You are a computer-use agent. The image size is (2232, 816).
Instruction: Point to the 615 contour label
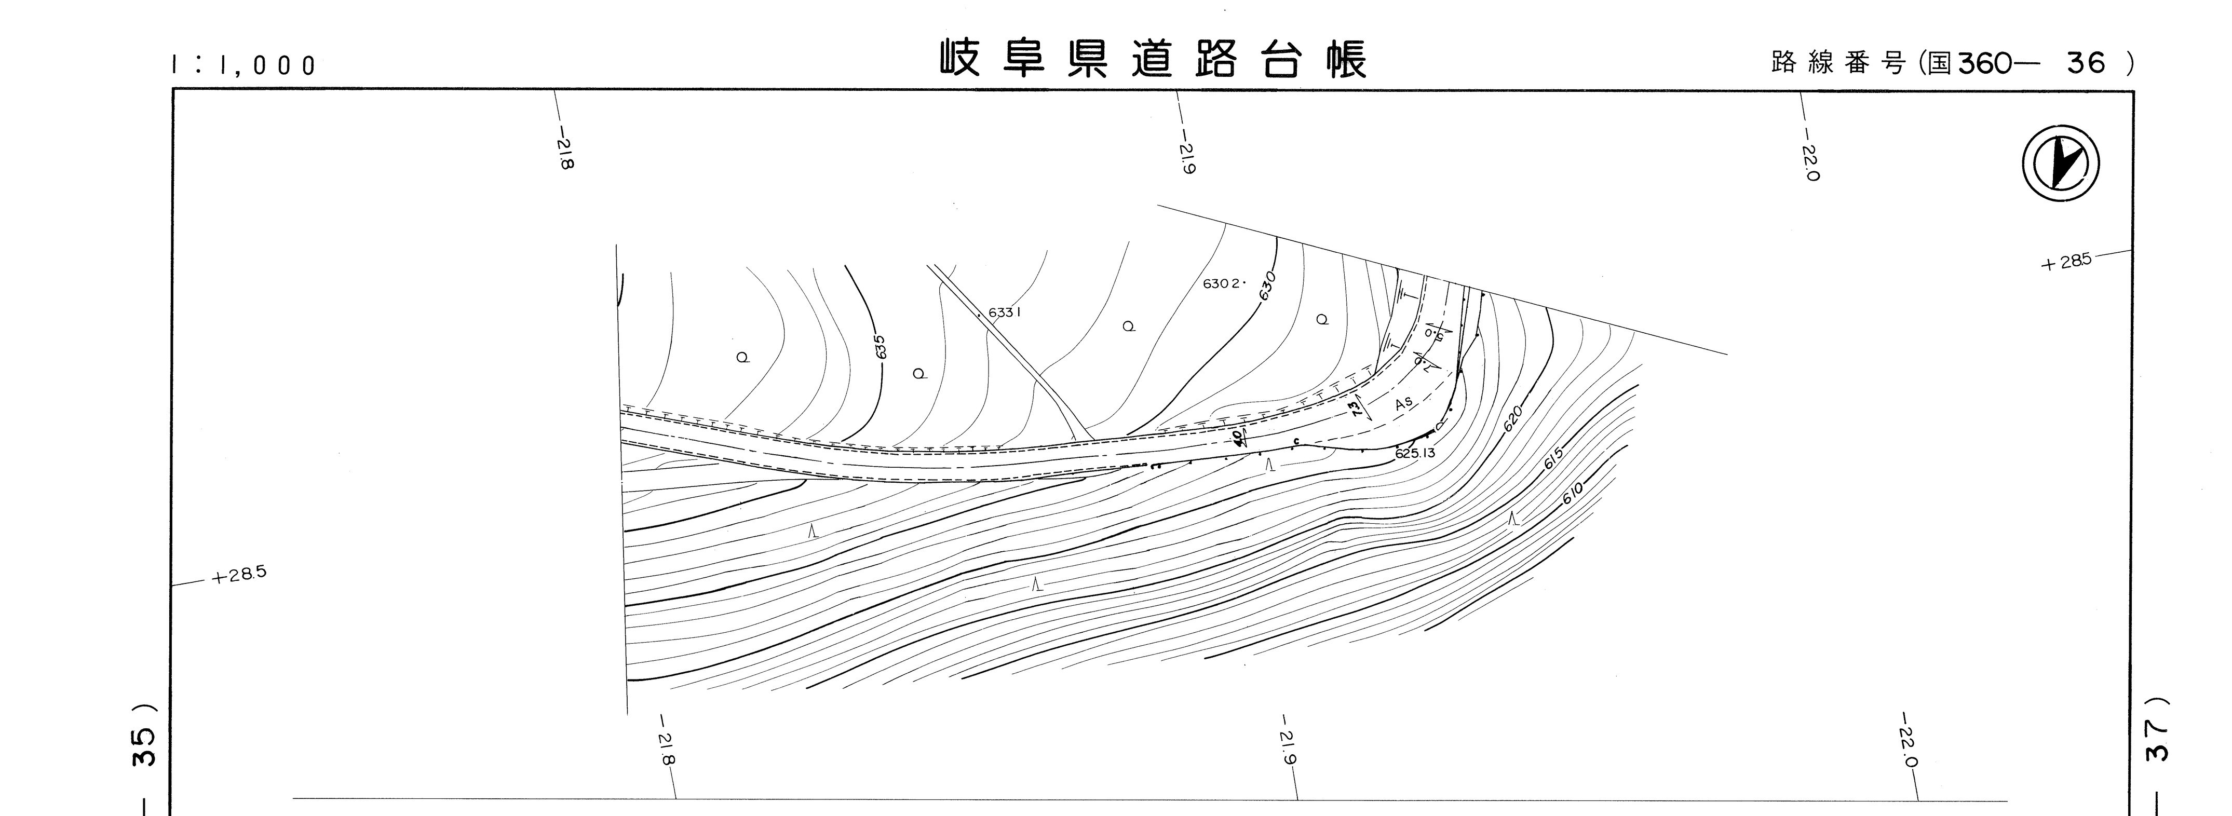coord(1553,458)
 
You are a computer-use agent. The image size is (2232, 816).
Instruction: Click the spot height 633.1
coord(1004,312)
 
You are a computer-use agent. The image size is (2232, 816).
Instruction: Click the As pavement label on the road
coord(1404,403)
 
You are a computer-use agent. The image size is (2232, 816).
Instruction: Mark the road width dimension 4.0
coord(1236,438)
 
